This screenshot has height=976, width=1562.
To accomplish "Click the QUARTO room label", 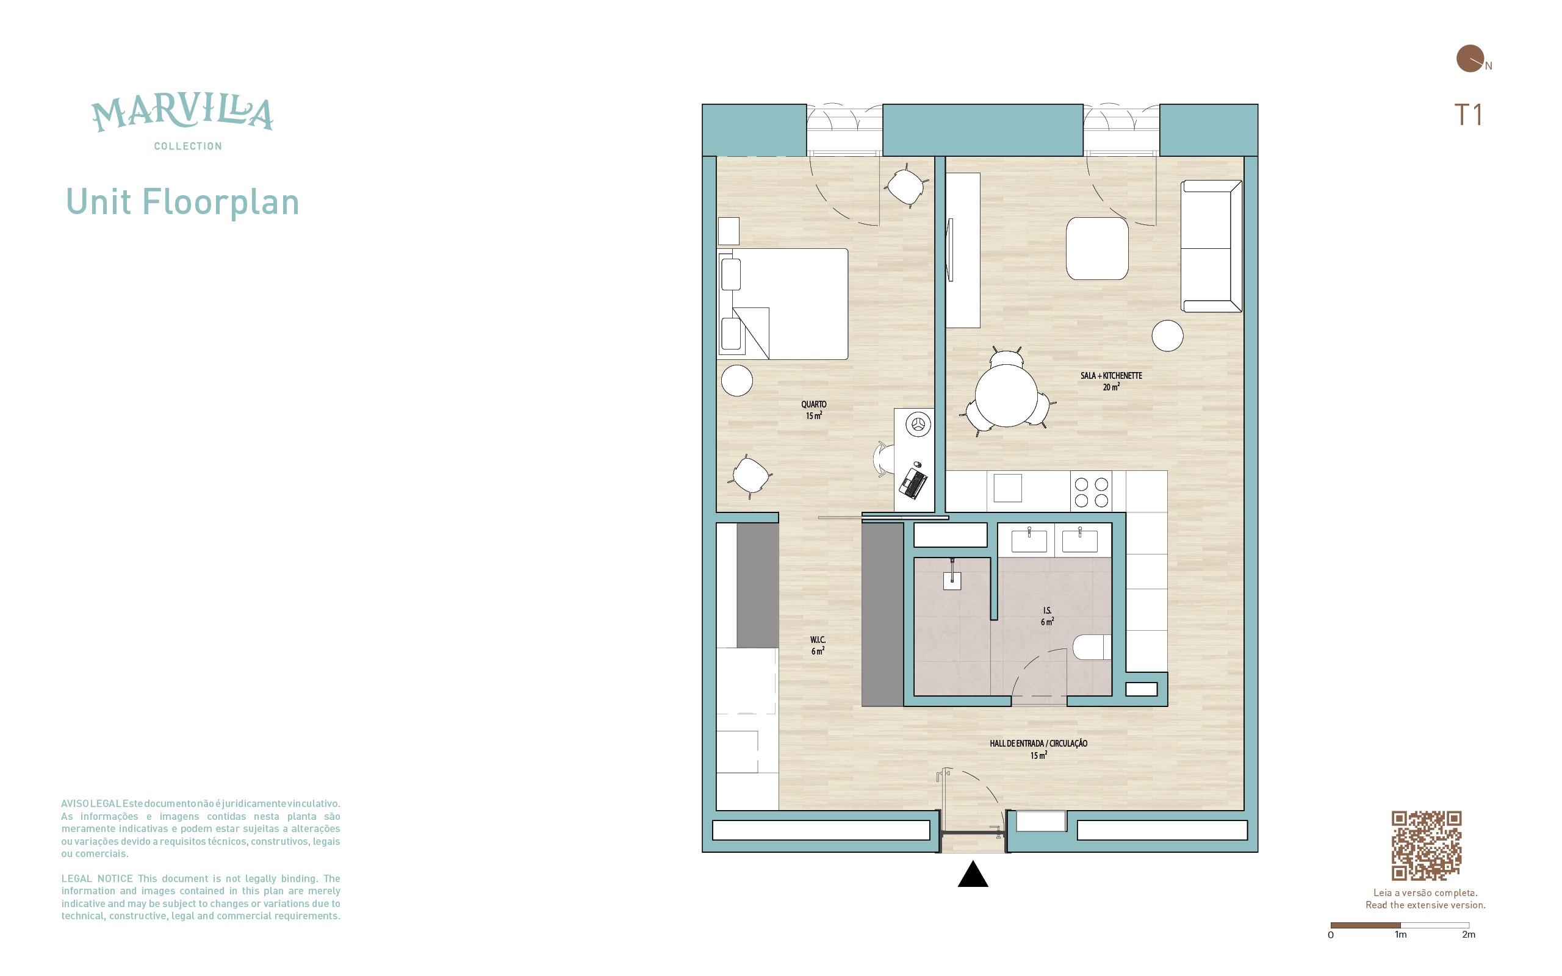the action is [x=813, y=410].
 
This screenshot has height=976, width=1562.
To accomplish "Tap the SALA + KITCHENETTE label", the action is [x=1111, y=381].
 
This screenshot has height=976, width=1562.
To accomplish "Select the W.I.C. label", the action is [x=818, y=645].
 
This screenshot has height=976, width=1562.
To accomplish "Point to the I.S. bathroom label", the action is [x=1047, y=616].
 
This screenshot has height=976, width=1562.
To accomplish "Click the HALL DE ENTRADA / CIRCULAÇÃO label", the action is [x=1038, y=749].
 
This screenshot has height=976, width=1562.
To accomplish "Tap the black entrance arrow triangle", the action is [x=973, y=874].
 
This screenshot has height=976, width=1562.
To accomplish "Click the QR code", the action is [x=1426, y=845].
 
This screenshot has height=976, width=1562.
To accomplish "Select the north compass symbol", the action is [x=1470, y=59].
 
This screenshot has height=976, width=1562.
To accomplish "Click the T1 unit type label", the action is [x=1468, y=115].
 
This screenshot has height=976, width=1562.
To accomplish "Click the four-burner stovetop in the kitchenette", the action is [x=1091, y=492].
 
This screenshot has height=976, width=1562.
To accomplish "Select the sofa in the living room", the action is [x=1212, y=246].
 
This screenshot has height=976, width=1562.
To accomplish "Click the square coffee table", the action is [x=1097, y=248].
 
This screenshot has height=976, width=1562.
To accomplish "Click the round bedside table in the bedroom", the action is [x=736, y=380].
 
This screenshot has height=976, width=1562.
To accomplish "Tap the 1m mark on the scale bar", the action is [x=1400, y=934].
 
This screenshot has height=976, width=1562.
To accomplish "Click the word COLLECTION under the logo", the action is [x=188, y=146].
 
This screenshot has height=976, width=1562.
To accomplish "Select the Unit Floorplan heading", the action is [x=182, y=202].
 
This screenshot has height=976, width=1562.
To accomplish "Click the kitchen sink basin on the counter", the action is [x=1007, y=488].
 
